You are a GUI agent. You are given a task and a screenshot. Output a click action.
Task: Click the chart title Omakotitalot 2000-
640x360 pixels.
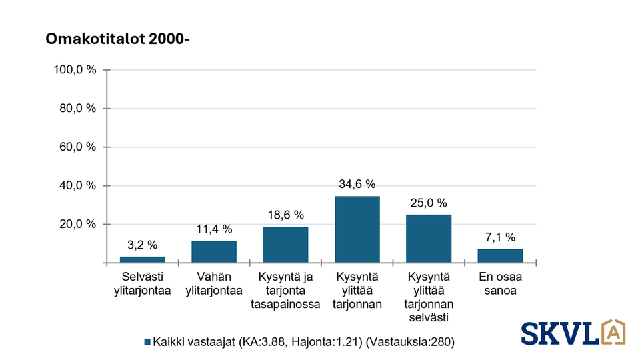(117, 39)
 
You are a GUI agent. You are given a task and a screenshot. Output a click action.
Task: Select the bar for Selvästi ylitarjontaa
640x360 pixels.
(142, 259)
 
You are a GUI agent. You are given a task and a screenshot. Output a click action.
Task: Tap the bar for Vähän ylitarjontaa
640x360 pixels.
(214, 251)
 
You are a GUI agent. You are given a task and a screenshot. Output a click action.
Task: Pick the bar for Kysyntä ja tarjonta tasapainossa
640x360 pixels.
(285, 245)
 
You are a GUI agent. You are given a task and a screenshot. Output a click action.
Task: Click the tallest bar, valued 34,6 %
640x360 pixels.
(357, 229)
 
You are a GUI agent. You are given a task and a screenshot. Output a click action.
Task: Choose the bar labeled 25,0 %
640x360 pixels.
(429, 239)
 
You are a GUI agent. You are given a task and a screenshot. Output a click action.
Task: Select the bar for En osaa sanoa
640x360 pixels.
(500, 255)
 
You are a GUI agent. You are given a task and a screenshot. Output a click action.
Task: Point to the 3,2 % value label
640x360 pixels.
(142, 245)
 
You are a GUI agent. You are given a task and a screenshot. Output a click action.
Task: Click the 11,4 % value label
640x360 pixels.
(214, 229)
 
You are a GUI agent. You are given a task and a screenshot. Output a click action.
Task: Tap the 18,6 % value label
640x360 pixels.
(285, 215)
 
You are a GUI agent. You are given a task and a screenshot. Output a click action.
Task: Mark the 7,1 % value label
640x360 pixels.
(500, 237)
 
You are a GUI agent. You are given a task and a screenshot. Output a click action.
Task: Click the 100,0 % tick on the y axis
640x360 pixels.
(75, 70)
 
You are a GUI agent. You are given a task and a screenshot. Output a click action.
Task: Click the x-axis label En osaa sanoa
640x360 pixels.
(500, 284)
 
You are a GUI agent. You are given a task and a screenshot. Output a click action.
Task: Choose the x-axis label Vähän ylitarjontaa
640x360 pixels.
(214, 284)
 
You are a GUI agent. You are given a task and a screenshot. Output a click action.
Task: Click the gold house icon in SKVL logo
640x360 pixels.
(613, 331)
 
